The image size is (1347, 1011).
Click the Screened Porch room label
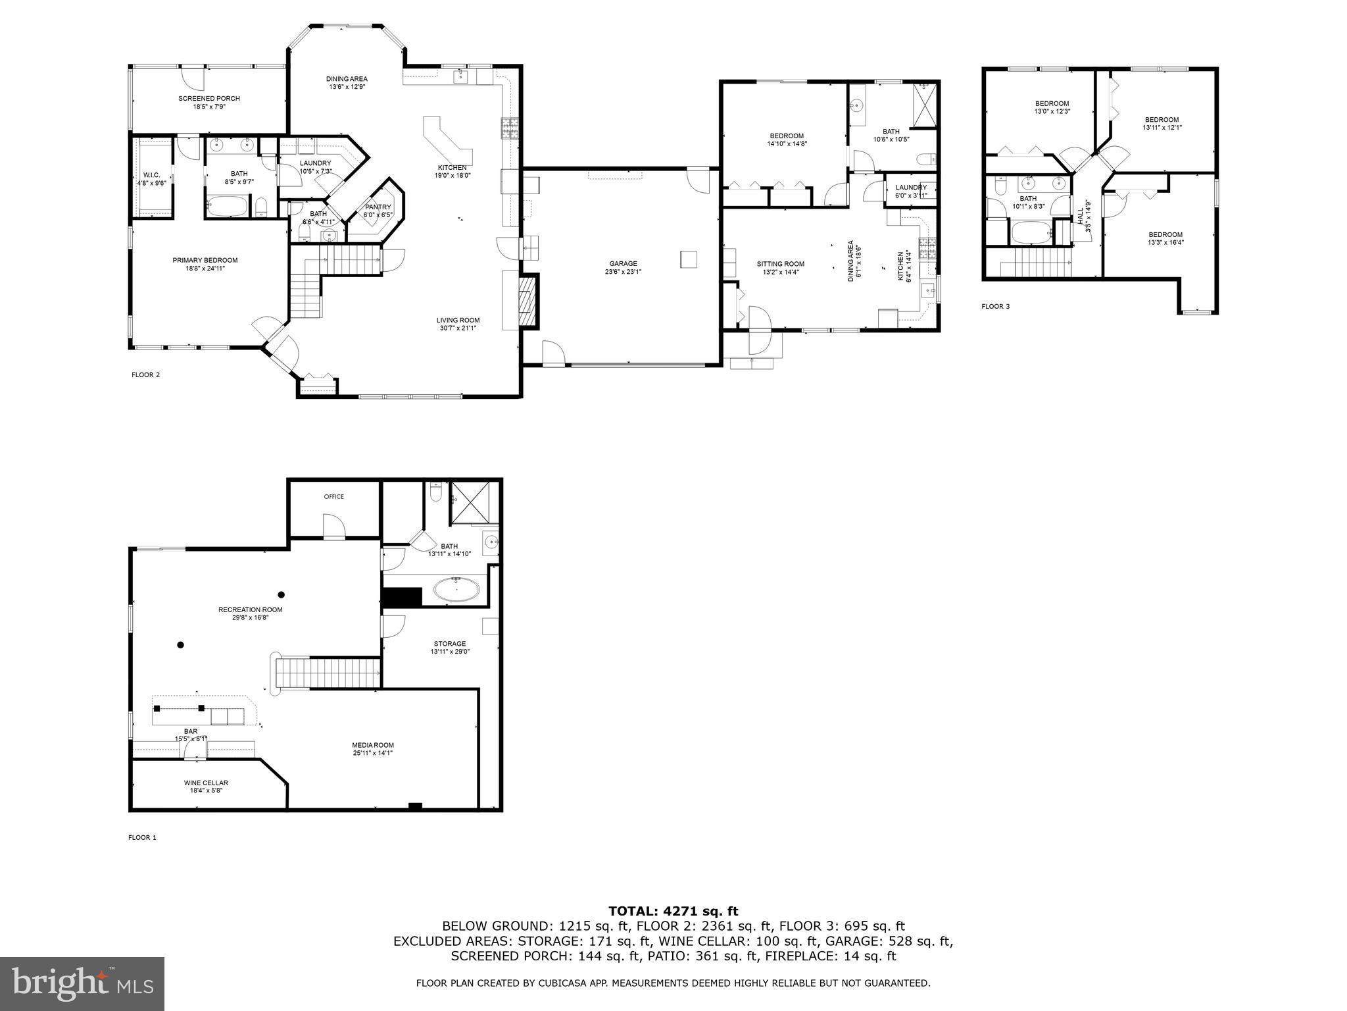tap(208, 99)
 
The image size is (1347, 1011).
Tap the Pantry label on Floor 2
tap(378, 207)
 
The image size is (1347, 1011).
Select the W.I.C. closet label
tap(151, 175)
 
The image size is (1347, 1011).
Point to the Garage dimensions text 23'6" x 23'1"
tap(623, 271)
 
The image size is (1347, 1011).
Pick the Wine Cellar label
tap(206, 783)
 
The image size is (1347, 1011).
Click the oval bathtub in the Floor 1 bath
tap(456, 590)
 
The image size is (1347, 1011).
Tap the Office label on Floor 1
tap(333, 497)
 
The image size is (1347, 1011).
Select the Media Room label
tap(372, 745)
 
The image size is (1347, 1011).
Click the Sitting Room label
tap(780, 264)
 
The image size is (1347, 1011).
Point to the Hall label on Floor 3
tap(1079, 215)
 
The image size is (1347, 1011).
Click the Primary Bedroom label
tap(205, 261)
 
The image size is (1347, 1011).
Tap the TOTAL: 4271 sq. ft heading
tap(673, 912)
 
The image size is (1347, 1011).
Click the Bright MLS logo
tap(82, 984)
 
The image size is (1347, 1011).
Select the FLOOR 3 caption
tap(995, 306)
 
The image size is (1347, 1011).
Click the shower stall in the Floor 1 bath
tap(470, 502)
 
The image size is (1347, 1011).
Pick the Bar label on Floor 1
tap(190, 731)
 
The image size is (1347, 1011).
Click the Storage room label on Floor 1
tap(450, 644)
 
